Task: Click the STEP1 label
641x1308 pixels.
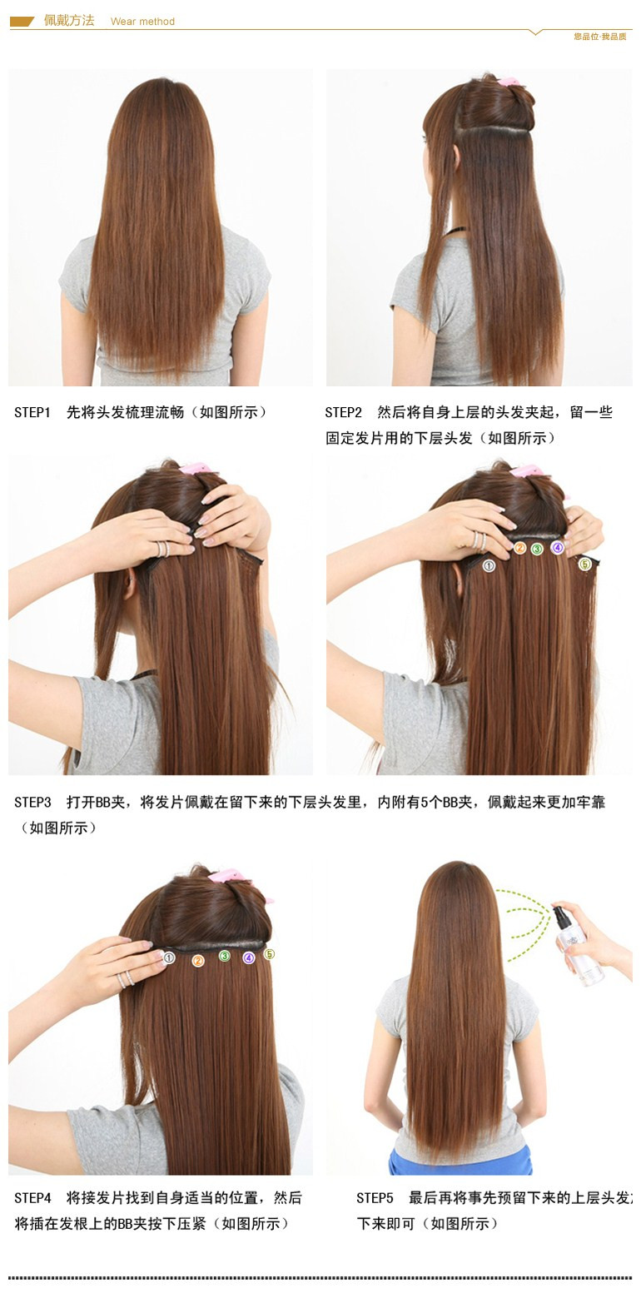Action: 32,412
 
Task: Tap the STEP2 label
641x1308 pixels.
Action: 343,412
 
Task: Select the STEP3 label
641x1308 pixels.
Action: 32,802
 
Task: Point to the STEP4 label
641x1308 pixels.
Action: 32,1197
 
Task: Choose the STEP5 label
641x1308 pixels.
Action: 375,1197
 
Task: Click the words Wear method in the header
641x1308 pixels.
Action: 142,22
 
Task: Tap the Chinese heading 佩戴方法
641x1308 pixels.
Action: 69,20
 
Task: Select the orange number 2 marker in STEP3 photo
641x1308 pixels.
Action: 520,548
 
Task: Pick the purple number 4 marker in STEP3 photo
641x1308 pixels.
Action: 558,547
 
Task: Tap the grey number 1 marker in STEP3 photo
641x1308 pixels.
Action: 489,566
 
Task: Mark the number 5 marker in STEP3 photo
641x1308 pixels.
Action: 584,564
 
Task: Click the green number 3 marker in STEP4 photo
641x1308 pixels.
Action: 224,956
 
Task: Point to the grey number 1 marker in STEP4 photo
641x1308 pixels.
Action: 169,957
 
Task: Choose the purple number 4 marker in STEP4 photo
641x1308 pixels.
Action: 248,958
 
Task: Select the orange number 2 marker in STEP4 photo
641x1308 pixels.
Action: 197,961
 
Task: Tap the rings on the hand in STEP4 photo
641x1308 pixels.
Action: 126,979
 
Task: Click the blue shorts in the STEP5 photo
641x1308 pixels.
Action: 460,1161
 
